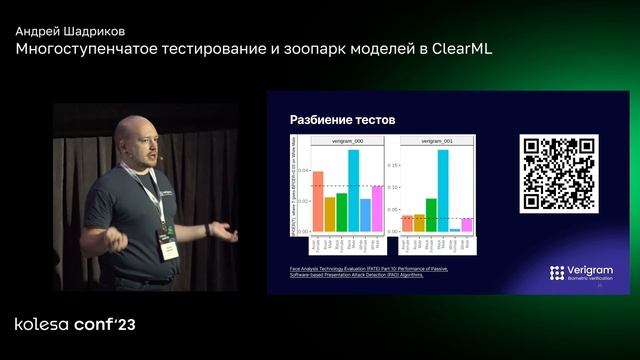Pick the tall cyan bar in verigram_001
[442, 190]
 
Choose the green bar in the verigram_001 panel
[431, 214]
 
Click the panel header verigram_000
[341, 143]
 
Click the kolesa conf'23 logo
[74, 325]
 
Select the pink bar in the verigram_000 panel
[365, 213]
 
